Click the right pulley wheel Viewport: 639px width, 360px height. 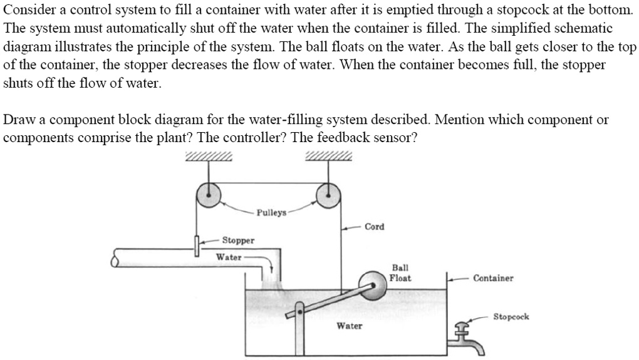click(x=327, y=195)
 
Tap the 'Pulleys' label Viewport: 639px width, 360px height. click(x=271, y=213)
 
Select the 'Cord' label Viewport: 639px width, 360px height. click(x=374, y=227)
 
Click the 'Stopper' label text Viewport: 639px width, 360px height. click(x=238, y=240)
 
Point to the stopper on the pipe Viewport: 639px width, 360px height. click(x=197, y=245)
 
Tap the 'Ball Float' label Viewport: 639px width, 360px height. click(x=400, y=273)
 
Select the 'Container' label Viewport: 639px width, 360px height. click(x=493, y=278)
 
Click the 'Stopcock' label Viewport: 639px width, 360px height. click(x=511, y=317)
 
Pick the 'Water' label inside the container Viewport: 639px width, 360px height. click(x=349, y=326)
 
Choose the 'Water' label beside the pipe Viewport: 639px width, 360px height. click(x=229, y=257)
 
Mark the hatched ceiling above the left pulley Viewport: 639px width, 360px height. click(x=209, y=157)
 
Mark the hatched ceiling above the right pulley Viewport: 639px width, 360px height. click(x=328, y=157)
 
